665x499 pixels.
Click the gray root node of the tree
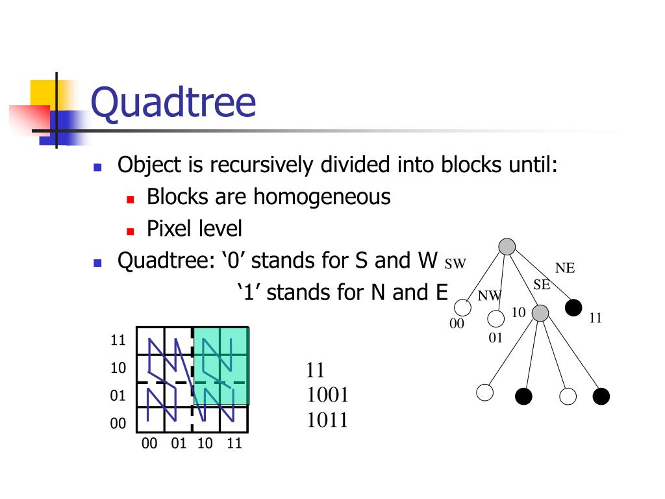507,246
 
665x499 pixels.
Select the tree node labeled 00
463,307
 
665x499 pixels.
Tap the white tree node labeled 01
496,319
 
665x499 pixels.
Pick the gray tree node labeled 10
540,313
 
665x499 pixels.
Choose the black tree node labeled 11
573,307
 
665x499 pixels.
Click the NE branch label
565,268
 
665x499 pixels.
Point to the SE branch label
542,284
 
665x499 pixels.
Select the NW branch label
490,296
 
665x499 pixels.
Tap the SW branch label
456,264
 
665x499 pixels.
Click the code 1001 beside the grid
327,395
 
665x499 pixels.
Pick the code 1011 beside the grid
327,420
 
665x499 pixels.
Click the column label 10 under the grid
205,444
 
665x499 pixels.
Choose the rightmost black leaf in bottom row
601,396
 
